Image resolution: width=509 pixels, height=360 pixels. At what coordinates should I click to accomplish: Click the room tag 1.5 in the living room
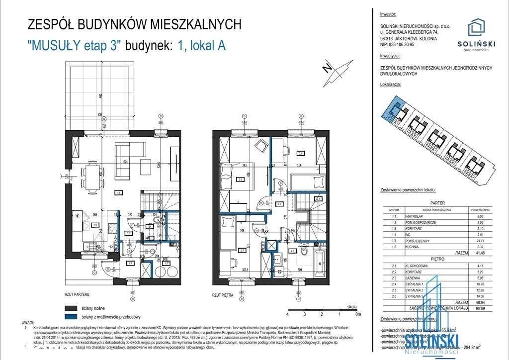click(x=119, y=192)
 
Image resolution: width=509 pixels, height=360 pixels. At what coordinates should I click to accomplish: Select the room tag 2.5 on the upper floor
click(x=240, y=180)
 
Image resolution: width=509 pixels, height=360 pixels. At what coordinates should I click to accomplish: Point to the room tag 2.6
click(x=300, y=153)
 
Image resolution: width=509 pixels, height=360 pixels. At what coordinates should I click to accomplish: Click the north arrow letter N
click(x=326, y=69)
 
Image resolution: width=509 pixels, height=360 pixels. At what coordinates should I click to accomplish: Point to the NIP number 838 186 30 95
click(x=396, y=44)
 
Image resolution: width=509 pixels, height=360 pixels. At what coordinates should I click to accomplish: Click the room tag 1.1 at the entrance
click(x=131, y=263)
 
